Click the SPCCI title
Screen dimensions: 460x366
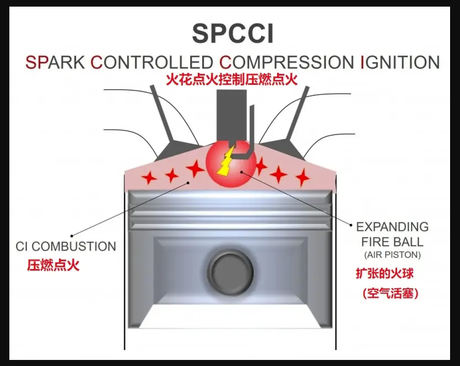[x=232, y=34]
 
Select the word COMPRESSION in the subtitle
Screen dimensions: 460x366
[x=285, y=62]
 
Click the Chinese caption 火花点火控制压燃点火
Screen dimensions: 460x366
[x=232, y=79]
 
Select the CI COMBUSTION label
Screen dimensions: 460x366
[x=66, y=246]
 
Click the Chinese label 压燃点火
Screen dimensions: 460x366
[x=53, y=265]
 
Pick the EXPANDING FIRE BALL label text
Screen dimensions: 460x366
[x=392, y=234]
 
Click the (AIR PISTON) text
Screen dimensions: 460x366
[x=392, y=255]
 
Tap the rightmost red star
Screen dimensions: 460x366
[x=302, y=177]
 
